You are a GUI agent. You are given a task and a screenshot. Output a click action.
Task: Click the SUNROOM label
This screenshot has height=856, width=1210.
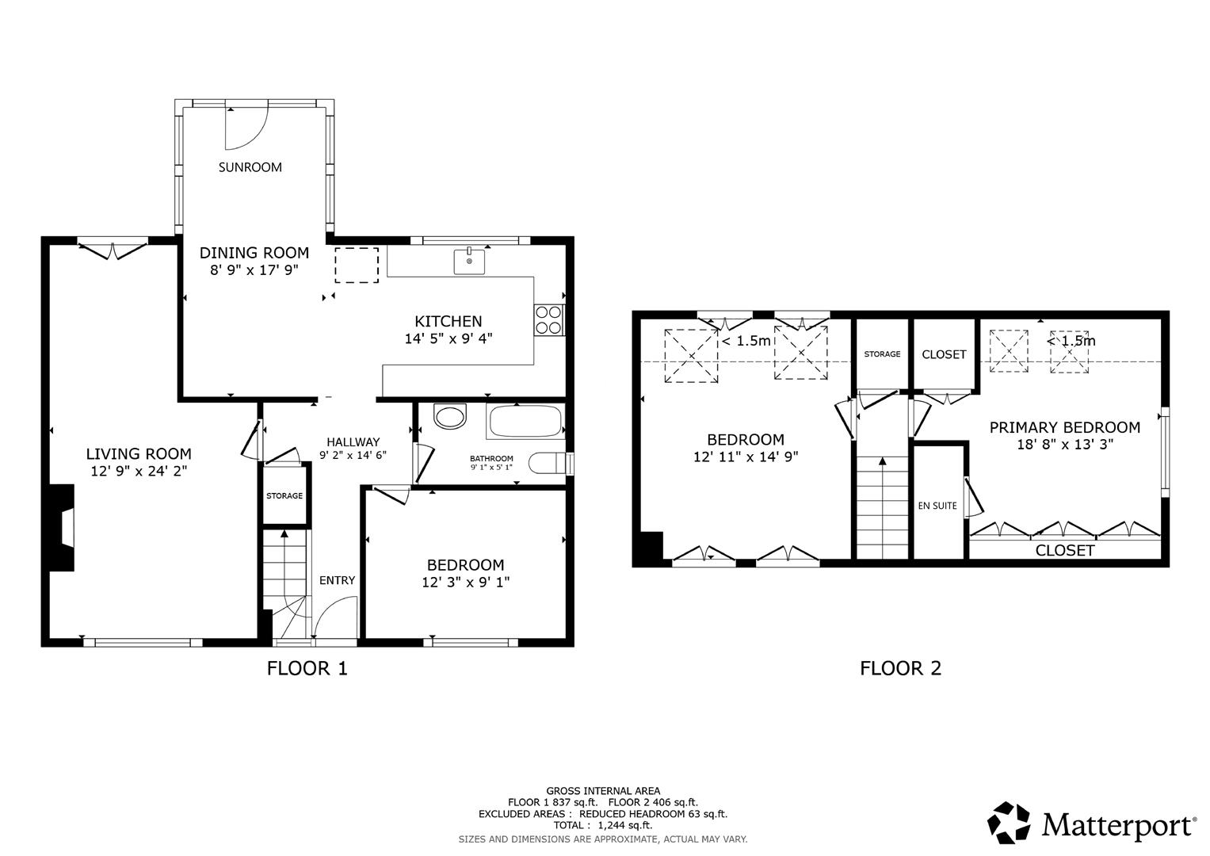click(250, 167)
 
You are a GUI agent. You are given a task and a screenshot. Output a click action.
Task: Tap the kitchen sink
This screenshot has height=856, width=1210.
click(469, 261)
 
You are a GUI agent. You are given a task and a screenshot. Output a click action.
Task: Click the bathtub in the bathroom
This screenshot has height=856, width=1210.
click(526, 420)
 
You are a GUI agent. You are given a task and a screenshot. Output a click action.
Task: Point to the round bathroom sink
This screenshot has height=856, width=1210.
click(451, 417)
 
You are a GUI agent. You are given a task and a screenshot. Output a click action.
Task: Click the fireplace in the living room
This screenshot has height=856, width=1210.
click(64, 526)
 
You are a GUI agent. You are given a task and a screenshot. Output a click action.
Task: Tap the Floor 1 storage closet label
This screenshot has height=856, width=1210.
click(284, 496)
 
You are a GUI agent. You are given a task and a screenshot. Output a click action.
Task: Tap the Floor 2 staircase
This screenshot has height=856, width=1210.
click(882, 507)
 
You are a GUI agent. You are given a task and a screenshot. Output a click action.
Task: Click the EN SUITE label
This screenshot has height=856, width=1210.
click(937, 506)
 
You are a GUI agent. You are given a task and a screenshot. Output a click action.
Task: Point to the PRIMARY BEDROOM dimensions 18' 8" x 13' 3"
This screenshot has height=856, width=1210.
click(1065, 445)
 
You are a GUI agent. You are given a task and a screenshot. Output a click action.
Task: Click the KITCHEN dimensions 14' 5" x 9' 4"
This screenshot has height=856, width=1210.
click(448, 338)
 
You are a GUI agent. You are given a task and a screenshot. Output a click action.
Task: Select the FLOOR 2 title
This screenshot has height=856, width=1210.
click(900, 668)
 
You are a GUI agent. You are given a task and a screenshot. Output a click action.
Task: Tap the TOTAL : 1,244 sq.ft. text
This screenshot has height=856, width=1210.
click(603, 825)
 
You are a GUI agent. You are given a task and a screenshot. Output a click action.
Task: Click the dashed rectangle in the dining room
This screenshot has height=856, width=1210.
click(357, 265)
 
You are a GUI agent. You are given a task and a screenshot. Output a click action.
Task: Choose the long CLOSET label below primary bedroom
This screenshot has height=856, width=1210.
click(1064, 550)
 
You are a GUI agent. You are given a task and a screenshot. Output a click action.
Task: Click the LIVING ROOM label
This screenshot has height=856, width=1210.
click(139, 454)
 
